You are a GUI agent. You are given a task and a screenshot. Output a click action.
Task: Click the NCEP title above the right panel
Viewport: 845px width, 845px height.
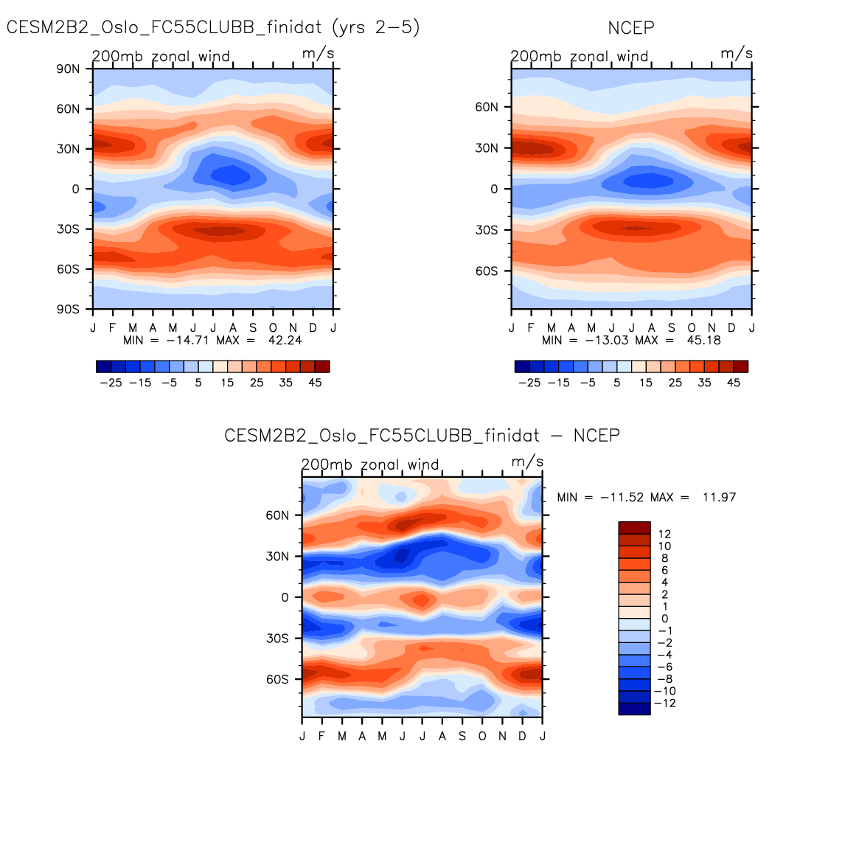[630, 28]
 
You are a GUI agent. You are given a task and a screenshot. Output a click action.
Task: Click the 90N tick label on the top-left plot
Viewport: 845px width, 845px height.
[68, 69]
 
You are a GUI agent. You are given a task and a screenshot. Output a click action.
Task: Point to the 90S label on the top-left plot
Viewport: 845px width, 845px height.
[68, 309]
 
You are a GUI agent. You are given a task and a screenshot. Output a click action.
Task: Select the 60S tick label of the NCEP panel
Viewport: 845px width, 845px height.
[487, 271]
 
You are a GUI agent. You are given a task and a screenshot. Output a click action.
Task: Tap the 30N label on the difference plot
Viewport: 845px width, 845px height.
[277, 557]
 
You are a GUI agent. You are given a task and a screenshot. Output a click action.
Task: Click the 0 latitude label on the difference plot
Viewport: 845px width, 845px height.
[285, 597]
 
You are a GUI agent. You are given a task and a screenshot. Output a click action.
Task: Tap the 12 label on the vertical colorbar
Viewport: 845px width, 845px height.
[665, 534]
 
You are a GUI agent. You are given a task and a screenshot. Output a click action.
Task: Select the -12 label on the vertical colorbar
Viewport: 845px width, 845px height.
[665, 703]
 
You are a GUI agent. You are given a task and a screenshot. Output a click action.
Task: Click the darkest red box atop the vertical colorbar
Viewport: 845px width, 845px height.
[634, 528]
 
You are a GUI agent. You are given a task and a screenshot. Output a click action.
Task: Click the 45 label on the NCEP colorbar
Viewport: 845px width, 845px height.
[733, 383]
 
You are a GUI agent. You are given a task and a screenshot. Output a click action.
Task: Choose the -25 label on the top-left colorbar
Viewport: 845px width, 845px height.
[111, 383]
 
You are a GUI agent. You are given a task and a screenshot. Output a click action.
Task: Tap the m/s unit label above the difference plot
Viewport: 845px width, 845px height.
[528, 462]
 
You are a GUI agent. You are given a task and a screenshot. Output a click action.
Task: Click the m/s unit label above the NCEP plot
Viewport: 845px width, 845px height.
[737, 53]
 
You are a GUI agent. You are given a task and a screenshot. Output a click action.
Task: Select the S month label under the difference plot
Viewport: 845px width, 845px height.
[462, 736]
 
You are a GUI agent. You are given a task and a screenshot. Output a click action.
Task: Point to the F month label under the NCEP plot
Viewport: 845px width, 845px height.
[532, 327]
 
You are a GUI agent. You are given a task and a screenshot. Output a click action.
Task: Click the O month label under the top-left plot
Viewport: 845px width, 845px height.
[273, 327]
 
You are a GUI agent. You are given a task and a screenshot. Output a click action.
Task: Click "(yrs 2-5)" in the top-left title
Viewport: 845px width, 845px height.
[375, 28]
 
